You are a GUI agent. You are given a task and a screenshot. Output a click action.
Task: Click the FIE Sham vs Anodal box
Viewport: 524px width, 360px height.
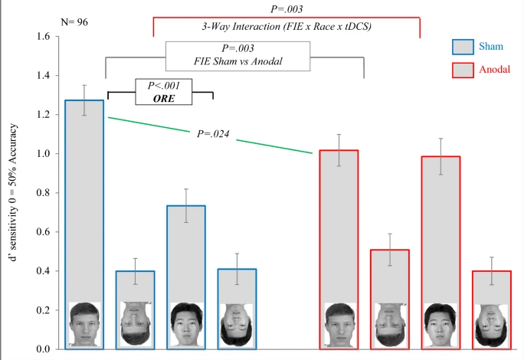pyautogui.click(x=238, y=55)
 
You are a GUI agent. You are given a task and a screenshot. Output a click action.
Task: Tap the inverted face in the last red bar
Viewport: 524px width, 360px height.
pyautogui.click(x=491, y=326)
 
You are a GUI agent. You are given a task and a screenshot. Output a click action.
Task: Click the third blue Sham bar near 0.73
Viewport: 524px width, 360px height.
pyautogui.click(x=185, y=253)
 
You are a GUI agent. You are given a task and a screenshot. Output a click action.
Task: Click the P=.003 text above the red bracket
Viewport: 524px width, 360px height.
pyautogui.click(x=287, y=9)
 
